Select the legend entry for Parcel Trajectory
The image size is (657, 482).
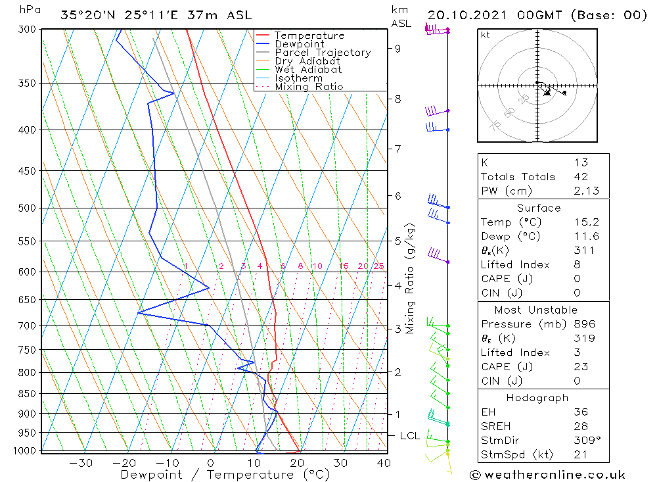point(323,53)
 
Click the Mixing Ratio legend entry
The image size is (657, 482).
point(309,86)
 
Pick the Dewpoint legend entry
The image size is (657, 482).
point(300,44)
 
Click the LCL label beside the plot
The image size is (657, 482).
point(410,436)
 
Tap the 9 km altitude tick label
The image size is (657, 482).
point(397,48)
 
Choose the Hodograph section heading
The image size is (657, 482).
point(537,398)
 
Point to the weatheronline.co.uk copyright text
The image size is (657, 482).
point(548,474)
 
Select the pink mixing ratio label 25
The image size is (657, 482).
point(378,266)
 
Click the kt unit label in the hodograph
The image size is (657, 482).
point(486,35)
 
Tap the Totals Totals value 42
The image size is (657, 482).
point(580,176)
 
